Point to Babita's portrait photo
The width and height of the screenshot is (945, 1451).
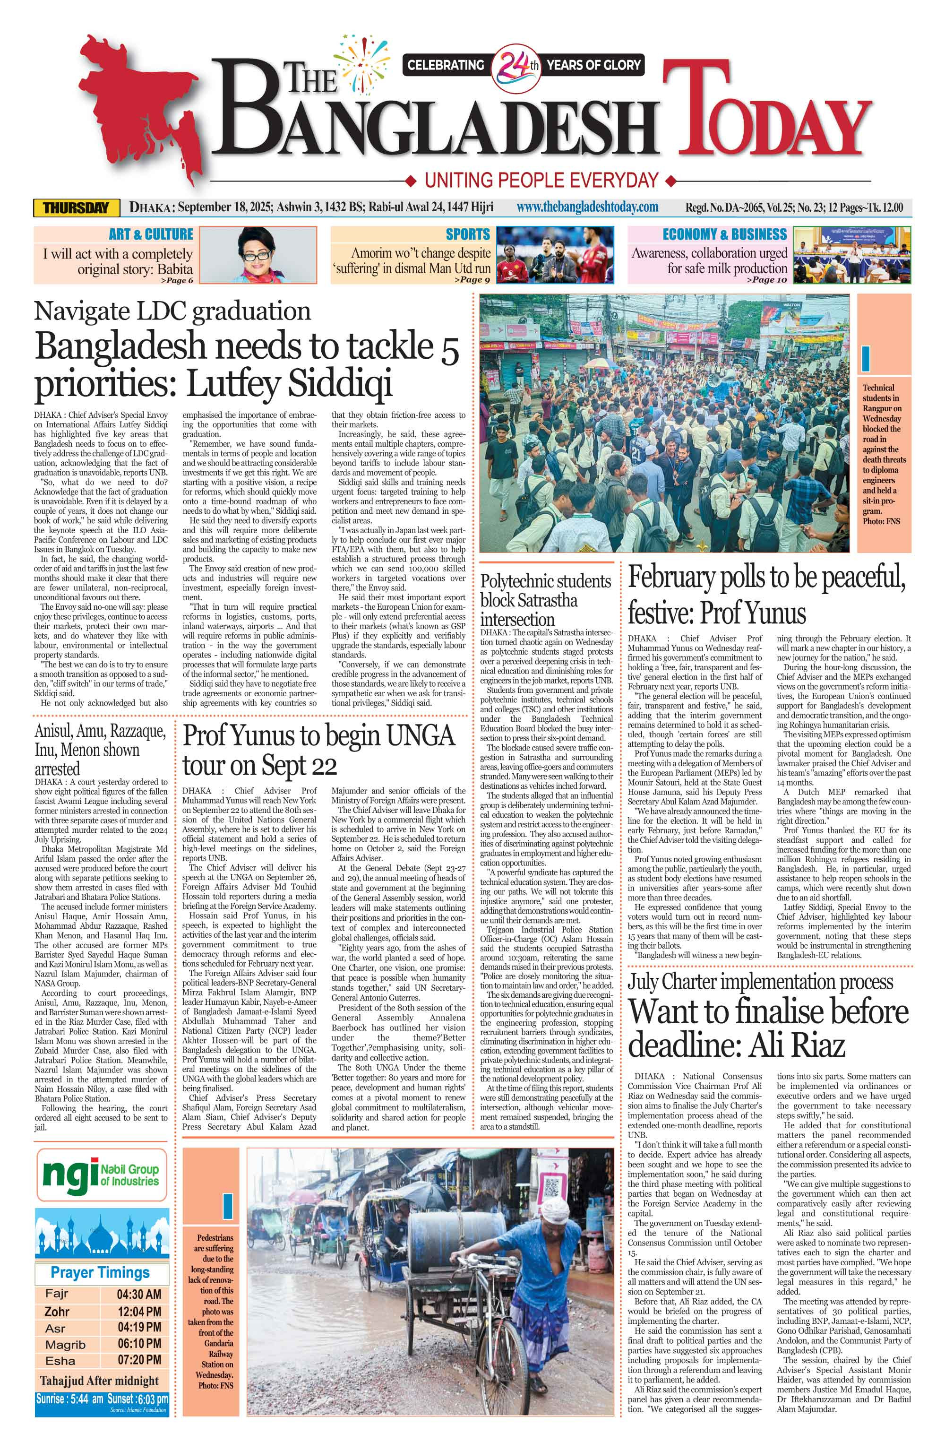[x=258, y=255]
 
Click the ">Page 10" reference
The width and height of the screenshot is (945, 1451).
[x=769, y=280]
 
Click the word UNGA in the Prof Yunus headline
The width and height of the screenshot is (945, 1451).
[x=421, y=736]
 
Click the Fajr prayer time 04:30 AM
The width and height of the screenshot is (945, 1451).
[x=139, y=1294]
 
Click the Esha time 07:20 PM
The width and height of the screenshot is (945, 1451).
[x=139, y=1360]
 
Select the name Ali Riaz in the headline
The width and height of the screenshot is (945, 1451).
[x=797, y=1046]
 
